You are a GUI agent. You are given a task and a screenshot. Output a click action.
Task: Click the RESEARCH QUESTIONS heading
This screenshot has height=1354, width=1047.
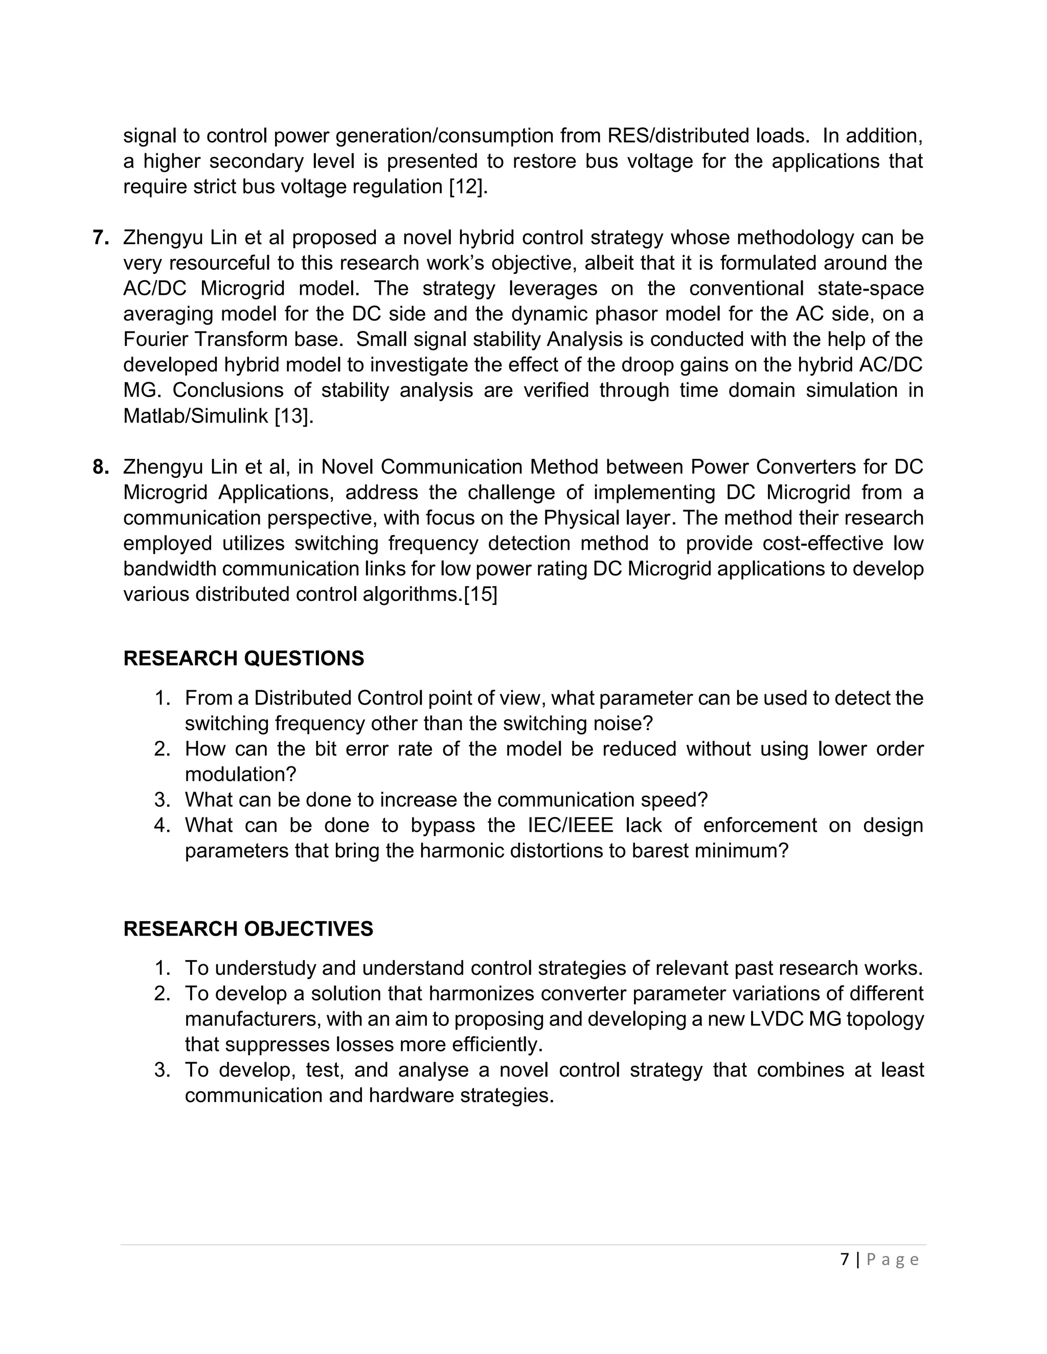[x=244, y=659]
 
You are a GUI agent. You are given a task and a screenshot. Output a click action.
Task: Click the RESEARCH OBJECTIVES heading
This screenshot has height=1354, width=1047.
[x=248, y=929]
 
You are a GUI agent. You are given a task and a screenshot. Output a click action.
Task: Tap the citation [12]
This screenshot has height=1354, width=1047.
[x=468, y=186]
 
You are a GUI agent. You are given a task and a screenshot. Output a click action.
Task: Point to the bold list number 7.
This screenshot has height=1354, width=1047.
[x=101, y=238]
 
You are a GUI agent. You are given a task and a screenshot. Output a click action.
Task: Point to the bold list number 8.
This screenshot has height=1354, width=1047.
[x=101, y=467]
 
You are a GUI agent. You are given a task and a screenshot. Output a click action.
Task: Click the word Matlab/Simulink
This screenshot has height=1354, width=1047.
[x=196, y=416]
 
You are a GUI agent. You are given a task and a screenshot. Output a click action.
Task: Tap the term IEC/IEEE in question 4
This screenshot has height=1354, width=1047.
[x=570, y=825]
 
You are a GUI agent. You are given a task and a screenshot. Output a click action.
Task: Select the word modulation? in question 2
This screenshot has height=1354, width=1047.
[x=241, y=774]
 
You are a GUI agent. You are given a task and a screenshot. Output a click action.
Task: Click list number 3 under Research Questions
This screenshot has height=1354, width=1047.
[x=162, y=800]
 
